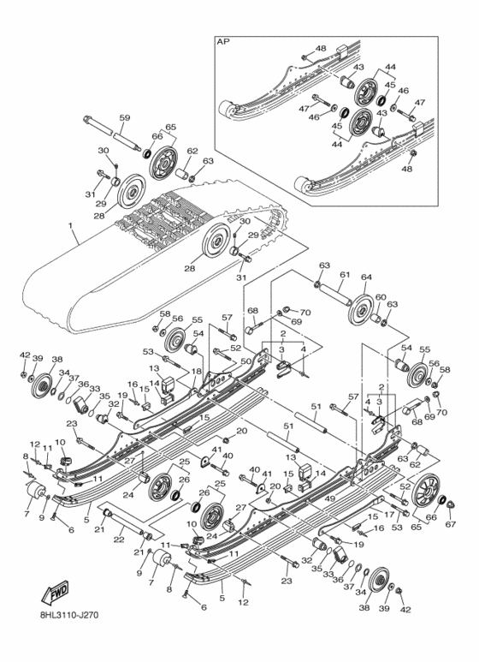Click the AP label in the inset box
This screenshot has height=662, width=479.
pos(223,41)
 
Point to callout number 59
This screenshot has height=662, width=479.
pos(125,117)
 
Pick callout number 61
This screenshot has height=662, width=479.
pos(344,274)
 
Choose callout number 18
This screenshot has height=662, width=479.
pos(196,372)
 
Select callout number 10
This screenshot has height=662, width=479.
pos(61,442)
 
